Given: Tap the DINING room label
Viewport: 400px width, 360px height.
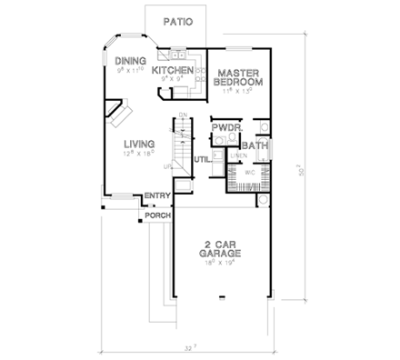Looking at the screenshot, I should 131,61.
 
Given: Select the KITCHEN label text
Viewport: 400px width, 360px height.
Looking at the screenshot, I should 172,69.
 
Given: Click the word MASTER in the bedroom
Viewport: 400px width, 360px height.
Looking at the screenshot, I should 238,71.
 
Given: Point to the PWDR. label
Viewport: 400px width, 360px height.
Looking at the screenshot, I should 225,129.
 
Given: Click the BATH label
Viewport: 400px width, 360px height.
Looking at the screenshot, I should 254,144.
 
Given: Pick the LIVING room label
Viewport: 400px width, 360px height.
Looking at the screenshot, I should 138,144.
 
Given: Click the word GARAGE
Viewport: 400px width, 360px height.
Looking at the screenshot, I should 220,255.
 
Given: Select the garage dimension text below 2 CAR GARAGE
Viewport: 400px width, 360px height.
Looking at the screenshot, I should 220,266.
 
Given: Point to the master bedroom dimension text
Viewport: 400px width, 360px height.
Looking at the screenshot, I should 238,92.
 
